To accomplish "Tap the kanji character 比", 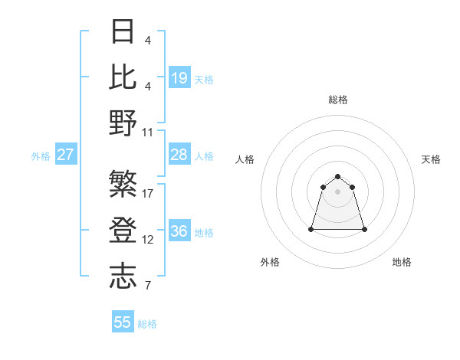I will pyautogui.click(x=123, y=77).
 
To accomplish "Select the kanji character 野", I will pyautogui.click(x=123, y=123).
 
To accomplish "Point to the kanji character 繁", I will pyautogui.click(x=123, y=185).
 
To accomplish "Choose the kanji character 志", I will pyautogui.click(x=123, y=277).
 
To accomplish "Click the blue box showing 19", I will pyautogui.click(x=179, y=77).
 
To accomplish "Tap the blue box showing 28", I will pyautogui.click(x=179, y=155).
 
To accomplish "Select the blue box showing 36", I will pyautogui.click(x=179, y=231).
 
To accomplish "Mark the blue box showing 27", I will pyautogui.click(x=66, y=155).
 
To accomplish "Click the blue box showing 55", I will pyautogui.click(x=123, y=322).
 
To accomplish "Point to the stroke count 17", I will pyautogui.click(x=148, y=193).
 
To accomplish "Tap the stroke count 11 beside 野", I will pyautogui.click(x=148, y=132).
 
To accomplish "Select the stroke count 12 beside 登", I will pyautogui.click(x=148, y=240).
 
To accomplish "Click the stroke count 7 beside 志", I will pyautogui.click(x=148, y=286).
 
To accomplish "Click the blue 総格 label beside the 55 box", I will pyautogui.click(x=147, y=324).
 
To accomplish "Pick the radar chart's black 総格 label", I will pyautogui.click(x=338, y=100).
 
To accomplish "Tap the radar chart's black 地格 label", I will pyautogui.click(x=402, y=262).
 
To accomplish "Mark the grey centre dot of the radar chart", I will pyautogui.click(x=338, y=191).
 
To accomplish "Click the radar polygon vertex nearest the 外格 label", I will pyautogui.click(x=312, y=229).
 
